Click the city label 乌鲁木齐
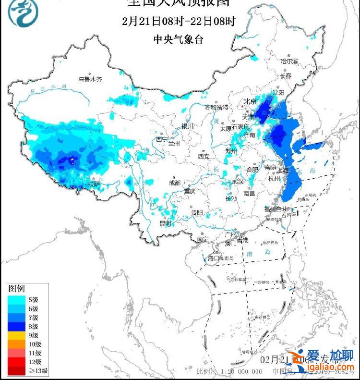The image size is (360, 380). coord(91,79)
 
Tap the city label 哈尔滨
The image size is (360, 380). coord(289,61)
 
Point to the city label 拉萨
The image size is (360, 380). coord(94,184)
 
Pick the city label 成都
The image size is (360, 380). coord(174,183)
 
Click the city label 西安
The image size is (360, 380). coord(204,157)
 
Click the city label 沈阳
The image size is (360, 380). coord(278,92)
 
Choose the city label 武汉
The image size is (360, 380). coord(237,181)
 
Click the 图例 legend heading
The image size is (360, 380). coord(16,289)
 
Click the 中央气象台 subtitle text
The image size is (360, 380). coord(178,39)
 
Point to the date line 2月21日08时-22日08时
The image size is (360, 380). coord(179,21)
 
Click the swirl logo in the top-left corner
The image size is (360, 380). coord(21,13)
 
